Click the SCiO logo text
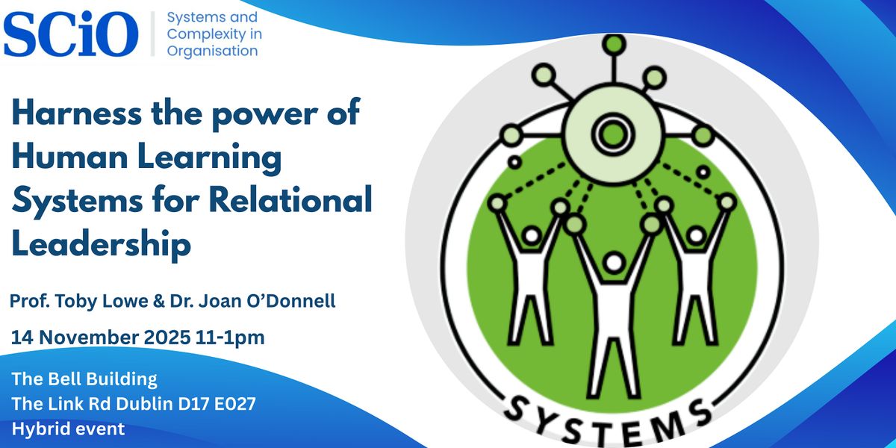click(71, 33)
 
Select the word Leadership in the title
click(102, 244)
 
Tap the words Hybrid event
click(68, 429)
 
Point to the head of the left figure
click(531, 236)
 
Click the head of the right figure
click(696, 236)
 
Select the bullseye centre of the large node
click(612, 134)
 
